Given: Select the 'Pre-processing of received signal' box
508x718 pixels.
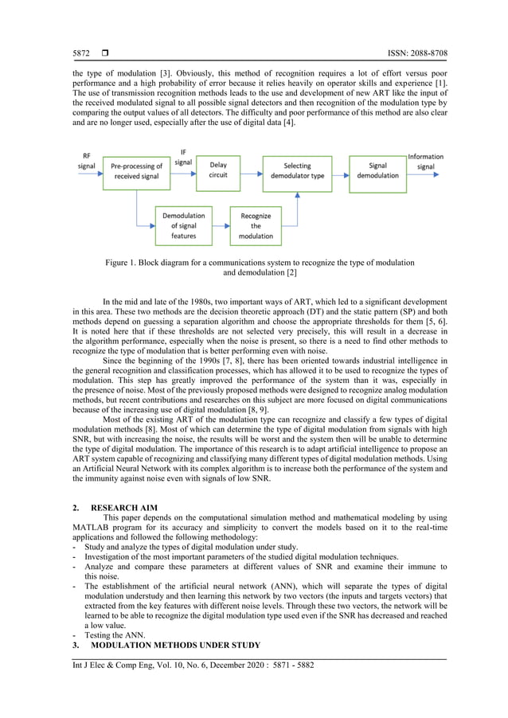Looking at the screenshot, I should (x=136, y=171).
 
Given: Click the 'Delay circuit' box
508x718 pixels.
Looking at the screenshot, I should (x=217, y=171).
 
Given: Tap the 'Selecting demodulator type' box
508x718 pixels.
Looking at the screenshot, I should (x=298, y=171).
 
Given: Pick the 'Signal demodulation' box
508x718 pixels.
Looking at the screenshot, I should (x=377, y=171).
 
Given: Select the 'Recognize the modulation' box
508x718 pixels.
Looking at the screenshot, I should (x=256, y=225).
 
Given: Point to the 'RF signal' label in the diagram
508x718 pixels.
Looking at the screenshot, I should (x=86, y=161).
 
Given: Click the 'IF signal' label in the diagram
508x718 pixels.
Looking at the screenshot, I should (x=183, y=156).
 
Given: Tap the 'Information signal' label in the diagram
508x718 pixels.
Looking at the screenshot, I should (x=426, y=162).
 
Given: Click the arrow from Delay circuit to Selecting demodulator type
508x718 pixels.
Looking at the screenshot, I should (x=251, y=171).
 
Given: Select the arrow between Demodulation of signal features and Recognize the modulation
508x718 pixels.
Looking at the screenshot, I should (x=221, y=225).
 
